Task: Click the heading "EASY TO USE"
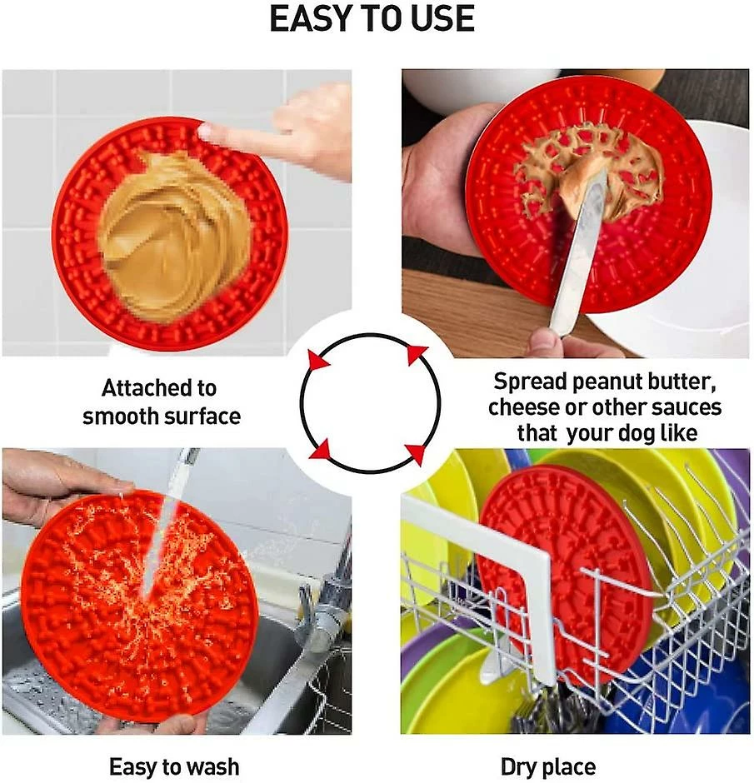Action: pyautogui.click(x=372, y=19)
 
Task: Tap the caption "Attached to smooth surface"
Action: pyautogui.click(x=162, y=402)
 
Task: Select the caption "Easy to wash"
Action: pyautogui.click(x=174, y=766)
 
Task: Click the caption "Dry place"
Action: pyautogui.click(x=548, y=766)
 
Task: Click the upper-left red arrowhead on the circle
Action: pyautogui.click(x=318, y=360)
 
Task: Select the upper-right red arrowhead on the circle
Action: pyautogui.click(x=416, y=353)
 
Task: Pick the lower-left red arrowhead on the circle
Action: pyautogui.click(x=321, y=450)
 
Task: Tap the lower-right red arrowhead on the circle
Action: pyautogui.click(x=416, y=453)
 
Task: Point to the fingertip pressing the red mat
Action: pyautogui.click(x=206, y=132)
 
